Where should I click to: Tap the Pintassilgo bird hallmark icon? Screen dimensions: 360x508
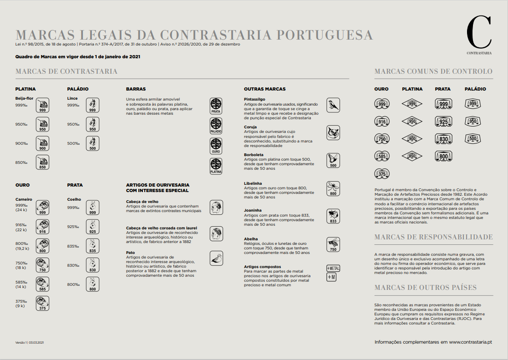333,105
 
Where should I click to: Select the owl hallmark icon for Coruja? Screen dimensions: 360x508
333,132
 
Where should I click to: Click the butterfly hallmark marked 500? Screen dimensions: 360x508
333,160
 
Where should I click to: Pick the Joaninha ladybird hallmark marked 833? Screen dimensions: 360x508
333,216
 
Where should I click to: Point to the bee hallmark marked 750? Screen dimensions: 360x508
333,244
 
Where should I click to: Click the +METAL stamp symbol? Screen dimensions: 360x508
333,268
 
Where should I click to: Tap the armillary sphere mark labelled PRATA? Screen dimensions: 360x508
216,106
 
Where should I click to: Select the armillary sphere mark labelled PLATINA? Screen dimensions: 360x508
216,167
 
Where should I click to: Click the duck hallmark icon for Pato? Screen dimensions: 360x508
216,258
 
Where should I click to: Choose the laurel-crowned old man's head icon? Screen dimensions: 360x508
216,233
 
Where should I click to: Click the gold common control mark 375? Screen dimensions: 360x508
382,174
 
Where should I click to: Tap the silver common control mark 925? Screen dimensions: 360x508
443,122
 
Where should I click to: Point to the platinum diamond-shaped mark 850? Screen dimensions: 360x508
412,157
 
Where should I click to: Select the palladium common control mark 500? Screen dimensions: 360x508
473,139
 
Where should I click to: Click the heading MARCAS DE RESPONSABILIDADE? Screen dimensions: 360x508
433,237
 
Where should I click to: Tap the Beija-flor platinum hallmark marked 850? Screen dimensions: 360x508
42,163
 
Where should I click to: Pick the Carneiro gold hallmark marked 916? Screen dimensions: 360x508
42,227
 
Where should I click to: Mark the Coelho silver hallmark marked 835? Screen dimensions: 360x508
92,246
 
